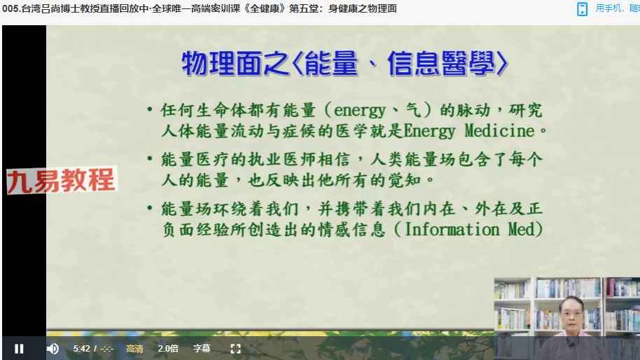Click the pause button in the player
[19, 349]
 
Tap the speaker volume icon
[53, 349]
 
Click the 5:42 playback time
[81, 349]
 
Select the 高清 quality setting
[134, 349]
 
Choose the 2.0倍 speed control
[168, 349]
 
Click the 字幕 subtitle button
[202, 349]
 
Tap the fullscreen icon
[235, 349]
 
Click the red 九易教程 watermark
[61, 180]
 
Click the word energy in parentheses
[360, 111]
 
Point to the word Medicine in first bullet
[499, 131]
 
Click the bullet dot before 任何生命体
[150, 109]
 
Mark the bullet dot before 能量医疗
[150, 158]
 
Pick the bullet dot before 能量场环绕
[150, 208]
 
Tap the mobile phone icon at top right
[582, 9]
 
